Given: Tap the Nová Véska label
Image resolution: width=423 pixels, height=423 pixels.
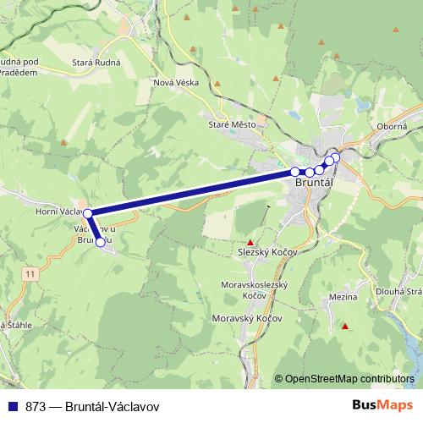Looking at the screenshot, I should point(174,82).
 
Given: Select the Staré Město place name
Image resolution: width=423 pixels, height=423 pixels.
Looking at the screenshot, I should point(231,124).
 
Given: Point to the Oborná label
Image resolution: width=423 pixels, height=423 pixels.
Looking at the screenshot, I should point(393,126).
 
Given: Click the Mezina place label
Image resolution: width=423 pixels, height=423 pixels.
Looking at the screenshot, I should point(343,297).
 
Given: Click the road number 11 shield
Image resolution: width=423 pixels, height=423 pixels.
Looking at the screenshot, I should point(31,273).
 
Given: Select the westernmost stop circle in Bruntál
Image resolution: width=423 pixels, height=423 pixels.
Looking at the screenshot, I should point(295,172).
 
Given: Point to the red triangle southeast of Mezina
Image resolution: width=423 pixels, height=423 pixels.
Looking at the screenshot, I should point(345,326).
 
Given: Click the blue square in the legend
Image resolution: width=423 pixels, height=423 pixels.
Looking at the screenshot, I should point(12,405).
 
